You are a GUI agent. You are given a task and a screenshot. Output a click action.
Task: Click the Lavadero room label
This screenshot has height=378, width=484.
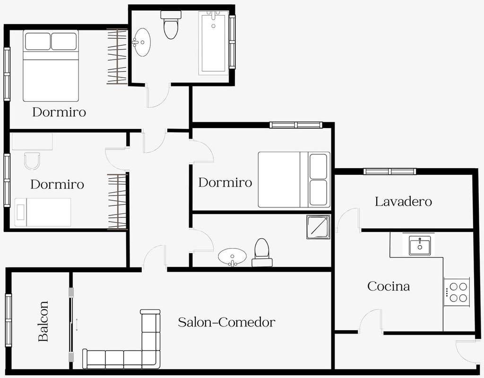tap(403, 201)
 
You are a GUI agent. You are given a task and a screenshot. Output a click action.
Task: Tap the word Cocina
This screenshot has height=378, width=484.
tap(389, 286)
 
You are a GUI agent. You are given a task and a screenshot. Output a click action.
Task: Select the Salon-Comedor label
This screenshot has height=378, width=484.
tap(226, 322)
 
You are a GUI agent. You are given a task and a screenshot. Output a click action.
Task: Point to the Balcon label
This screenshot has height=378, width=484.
tap(43, 321)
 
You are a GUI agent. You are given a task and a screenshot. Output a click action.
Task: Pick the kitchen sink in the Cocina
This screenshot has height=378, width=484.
tap(420, 245)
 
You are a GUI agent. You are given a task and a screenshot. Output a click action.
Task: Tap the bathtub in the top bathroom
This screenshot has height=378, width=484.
tap(213, 43)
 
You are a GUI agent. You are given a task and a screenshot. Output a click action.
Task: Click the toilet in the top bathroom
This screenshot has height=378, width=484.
tap(171, 25)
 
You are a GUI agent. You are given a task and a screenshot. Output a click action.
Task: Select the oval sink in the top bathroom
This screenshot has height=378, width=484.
tap(142, 42)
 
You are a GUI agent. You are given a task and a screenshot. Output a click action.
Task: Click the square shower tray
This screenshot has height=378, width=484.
tap(318, 227)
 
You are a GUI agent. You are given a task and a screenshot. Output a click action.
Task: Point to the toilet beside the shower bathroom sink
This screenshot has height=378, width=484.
tap(262, 252)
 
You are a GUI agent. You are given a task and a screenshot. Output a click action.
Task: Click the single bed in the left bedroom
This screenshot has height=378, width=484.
tap(43, 212)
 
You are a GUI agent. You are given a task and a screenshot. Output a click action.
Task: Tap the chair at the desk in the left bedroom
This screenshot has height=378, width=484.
tap(32, 161)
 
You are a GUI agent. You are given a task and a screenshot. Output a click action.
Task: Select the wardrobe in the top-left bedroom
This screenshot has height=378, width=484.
tap(117, 57)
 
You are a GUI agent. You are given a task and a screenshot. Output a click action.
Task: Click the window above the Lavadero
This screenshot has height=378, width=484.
tap(389, 171)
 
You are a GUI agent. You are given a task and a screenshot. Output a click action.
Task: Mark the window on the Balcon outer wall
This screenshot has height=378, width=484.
tap(9, 320)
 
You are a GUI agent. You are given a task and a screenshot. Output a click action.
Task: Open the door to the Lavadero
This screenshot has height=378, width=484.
tap(348, 220)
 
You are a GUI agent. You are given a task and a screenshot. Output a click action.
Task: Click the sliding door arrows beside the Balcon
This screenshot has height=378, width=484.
tap(77, 325)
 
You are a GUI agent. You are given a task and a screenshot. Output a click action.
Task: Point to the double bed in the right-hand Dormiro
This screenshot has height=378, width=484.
tap(294, 180)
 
